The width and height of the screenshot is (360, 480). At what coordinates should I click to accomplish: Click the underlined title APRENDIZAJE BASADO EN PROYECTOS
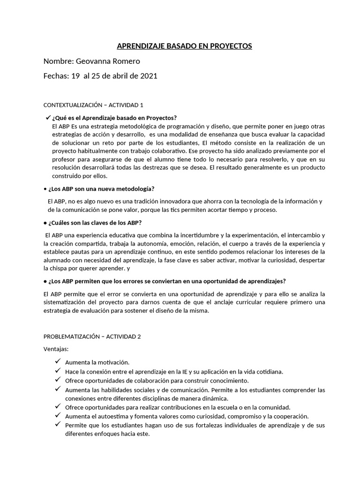pos(184,46)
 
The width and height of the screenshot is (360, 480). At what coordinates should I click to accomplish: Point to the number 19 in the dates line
pos(75,76)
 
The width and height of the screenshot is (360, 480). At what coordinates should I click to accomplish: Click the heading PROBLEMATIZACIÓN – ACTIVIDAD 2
pos(92,337)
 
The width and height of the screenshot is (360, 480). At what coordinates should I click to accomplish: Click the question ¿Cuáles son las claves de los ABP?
pos(98,223)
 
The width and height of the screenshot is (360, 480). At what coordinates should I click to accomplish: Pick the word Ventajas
pos(56,349)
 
